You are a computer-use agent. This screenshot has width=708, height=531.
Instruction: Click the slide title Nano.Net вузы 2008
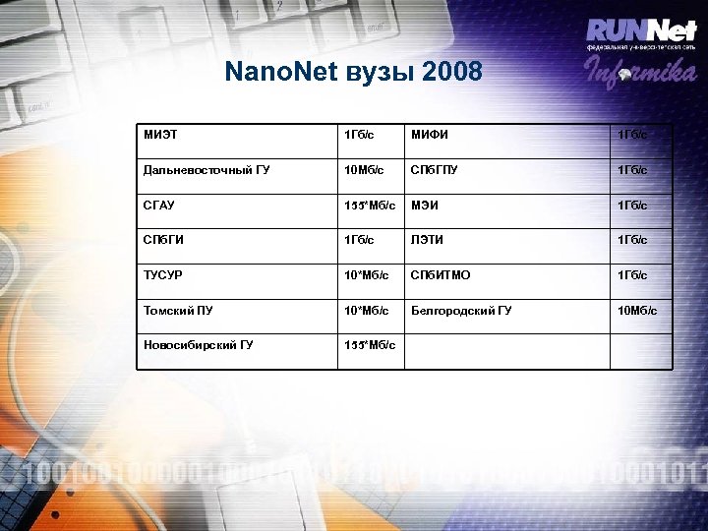(x=353, y=73)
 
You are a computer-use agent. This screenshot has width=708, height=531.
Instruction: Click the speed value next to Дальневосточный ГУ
(x=363, y=169)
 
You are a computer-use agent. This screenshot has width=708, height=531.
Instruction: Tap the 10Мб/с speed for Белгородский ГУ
(x=636, y=311)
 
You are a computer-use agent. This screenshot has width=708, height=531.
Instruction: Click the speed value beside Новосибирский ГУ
(x=369, y=345)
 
